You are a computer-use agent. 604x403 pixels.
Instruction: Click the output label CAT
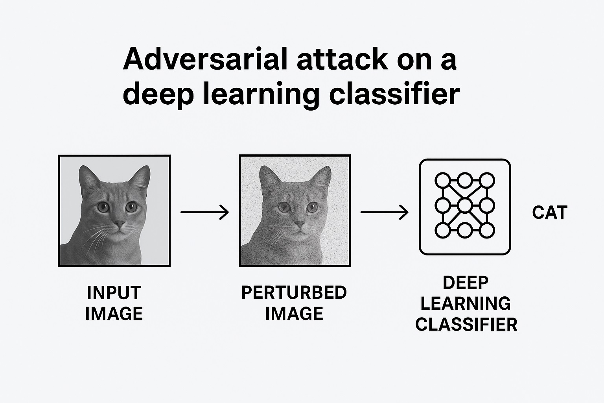[549, 213]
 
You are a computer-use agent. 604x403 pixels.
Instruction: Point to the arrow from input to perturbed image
[204, 213]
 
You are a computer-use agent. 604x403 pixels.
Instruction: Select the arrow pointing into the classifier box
[385, 213]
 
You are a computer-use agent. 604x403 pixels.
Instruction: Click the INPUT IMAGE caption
[114, 303]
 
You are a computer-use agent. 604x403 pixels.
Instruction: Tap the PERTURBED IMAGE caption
[294, 303]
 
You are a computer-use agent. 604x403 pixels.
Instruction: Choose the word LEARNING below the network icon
[466, 303]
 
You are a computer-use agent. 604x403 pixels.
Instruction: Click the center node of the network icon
[465, 205]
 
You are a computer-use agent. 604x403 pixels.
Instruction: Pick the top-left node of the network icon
[442, 181]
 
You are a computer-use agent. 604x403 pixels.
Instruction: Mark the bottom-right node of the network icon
[487, 230]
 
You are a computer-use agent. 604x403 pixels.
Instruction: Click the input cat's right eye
[131, 207]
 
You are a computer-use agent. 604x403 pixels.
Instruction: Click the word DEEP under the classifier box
[466, 283]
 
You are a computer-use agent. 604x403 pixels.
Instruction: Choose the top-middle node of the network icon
[465, 181]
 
